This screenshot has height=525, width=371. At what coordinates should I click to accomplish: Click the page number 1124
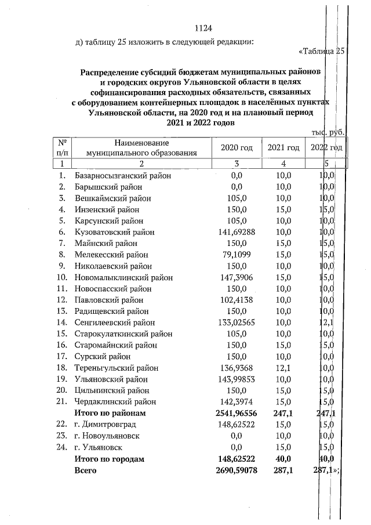203,28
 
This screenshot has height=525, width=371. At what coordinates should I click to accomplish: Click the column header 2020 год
237,148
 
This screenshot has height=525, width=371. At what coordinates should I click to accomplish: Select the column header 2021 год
283,148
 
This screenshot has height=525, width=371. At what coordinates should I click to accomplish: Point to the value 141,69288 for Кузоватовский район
237,232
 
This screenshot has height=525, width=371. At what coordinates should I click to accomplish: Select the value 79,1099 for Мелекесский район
237,255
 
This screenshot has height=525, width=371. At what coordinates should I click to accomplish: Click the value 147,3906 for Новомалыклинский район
237,277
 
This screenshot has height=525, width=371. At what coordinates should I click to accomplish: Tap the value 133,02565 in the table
237,323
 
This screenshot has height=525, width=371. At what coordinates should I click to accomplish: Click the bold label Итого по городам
109,459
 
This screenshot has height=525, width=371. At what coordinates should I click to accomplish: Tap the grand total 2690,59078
237,470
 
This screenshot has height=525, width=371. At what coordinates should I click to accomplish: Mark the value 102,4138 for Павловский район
237,300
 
